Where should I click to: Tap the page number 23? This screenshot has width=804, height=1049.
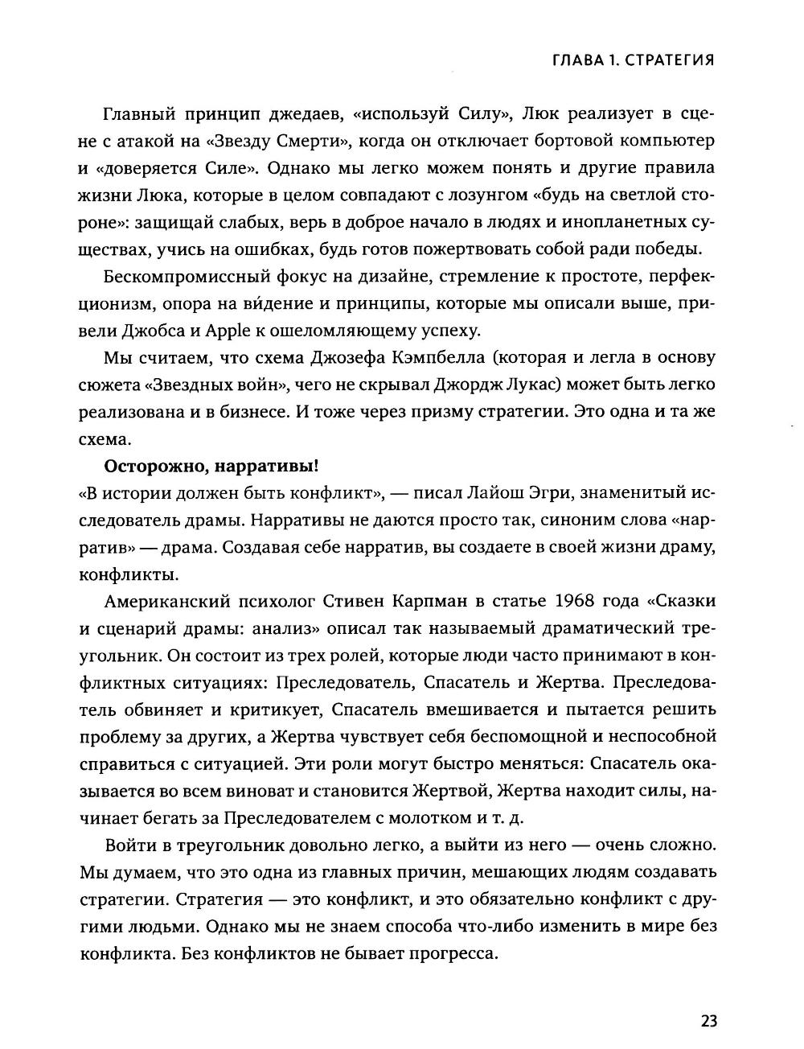click(708, 1021)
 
